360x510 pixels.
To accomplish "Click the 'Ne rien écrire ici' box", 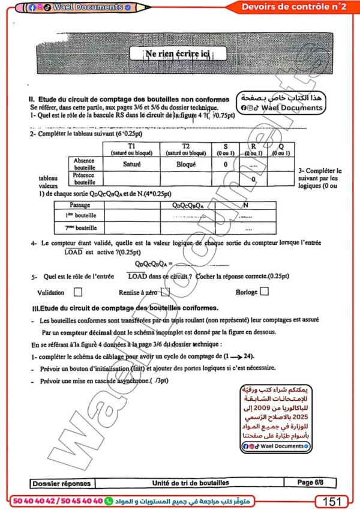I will [x=178, y=54].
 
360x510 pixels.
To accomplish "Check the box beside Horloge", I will [x=264, y=292].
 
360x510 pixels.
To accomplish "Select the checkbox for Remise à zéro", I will [x=166, y=292].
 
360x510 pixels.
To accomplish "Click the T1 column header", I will [x=131, y=149].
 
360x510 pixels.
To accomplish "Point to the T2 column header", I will [x=185, y=149].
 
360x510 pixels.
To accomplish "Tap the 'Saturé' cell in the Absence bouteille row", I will [x=131, y=163].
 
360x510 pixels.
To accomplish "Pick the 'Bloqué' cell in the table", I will [x=185, y=163].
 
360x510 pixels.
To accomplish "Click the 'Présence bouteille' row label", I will [x=85, y=178].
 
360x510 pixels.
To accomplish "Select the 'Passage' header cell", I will [x=80, y=205].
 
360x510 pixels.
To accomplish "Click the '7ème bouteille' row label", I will [x=80, y=227].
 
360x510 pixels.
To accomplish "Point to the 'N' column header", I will [x=245, y=205].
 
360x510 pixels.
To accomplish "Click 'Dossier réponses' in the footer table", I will [x=62, y=482].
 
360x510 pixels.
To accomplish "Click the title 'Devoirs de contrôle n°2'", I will [x=293, y=7].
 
